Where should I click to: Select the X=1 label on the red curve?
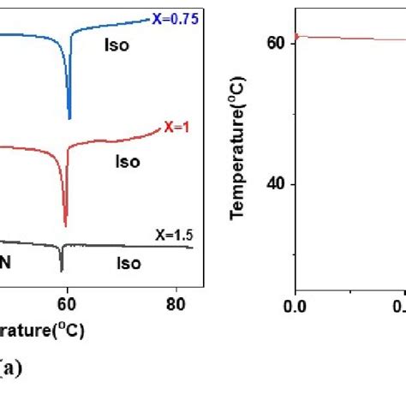(x=174, y=130)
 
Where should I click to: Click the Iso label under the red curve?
(x=128, y=160)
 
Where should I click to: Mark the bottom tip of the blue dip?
(x=69, y=118)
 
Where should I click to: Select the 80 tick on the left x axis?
(x=175, y=302)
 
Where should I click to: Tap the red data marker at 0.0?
(x=296, y=36)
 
